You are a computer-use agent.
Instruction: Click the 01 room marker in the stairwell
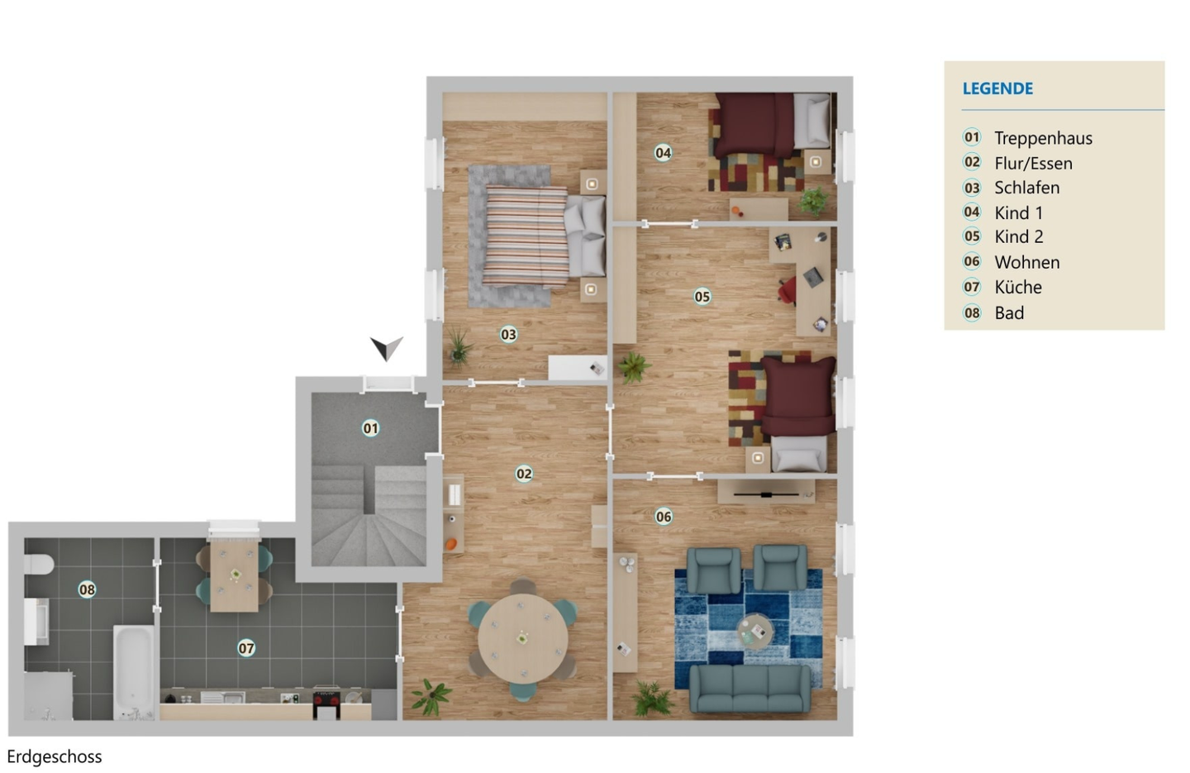click(370, 428)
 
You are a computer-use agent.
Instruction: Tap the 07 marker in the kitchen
click(246, 648)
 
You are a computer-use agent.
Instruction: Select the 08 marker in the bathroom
click(87, 589)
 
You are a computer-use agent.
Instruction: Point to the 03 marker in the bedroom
click(508, 334)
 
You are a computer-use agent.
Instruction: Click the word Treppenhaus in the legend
click(1044, 138)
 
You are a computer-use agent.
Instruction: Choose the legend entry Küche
click(1018, 287)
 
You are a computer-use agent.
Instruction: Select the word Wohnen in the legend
click(1027, 262)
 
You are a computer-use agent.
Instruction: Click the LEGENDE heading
click(997, 88)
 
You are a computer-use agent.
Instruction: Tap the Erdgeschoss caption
click(55, 756)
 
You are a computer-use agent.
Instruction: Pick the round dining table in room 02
click(523, 639)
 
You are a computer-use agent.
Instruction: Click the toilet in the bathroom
click(38, 565)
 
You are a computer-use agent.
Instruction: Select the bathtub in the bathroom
click(134, 672)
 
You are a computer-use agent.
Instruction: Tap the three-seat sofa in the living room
click(750, 689)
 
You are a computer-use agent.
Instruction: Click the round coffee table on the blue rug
click(755, 632)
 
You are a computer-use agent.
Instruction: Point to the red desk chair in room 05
click(788, 291)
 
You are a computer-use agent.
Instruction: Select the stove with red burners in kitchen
click(326, 704)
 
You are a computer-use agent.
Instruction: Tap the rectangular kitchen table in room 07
click(235, 576)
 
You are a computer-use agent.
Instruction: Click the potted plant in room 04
click(813, 201)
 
